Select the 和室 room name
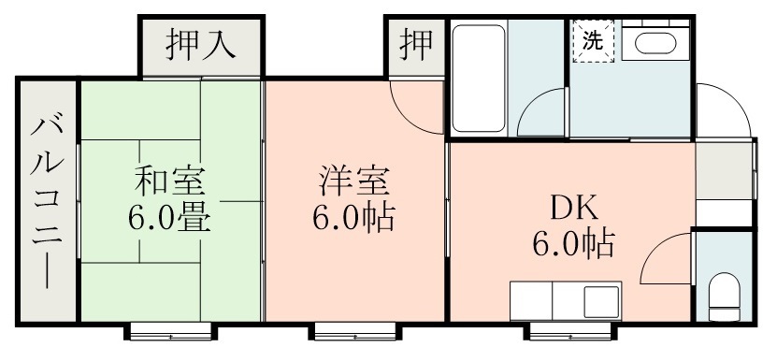(168, 178)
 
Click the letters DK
(569, 205)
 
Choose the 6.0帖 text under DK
(572, 244)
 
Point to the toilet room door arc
(666, 257)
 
